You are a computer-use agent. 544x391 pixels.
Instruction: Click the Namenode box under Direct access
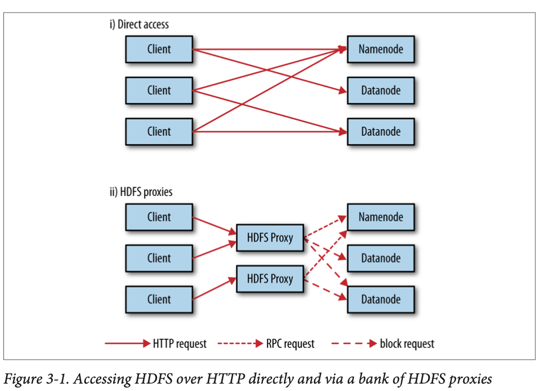tap(381, 49)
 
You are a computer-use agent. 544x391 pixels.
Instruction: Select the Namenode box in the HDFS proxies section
tap(381, 217)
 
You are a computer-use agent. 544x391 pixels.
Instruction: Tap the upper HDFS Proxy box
tap(270, 238)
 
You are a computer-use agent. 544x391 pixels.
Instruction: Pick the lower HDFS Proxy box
tap(270, 279)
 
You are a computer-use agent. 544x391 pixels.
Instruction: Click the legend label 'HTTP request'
tap(180, 344)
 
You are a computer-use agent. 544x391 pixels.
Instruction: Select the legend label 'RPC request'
tap(290, 344)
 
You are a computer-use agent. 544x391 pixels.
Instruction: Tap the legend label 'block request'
tap(407, 344)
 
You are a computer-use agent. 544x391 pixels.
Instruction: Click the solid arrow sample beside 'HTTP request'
tap(127, 344)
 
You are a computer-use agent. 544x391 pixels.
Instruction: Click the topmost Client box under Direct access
tap(159, 49)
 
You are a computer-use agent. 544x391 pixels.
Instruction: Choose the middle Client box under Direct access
tap(159, 90)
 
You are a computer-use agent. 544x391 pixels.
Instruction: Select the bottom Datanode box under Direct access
tap(381, 132)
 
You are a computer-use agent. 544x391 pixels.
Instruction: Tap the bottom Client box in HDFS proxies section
tap(159, 300)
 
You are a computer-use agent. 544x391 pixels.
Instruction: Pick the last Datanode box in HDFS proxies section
tap(381, 300)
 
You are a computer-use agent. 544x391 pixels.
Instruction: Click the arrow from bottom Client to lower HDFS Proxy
tap(215, 289)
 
